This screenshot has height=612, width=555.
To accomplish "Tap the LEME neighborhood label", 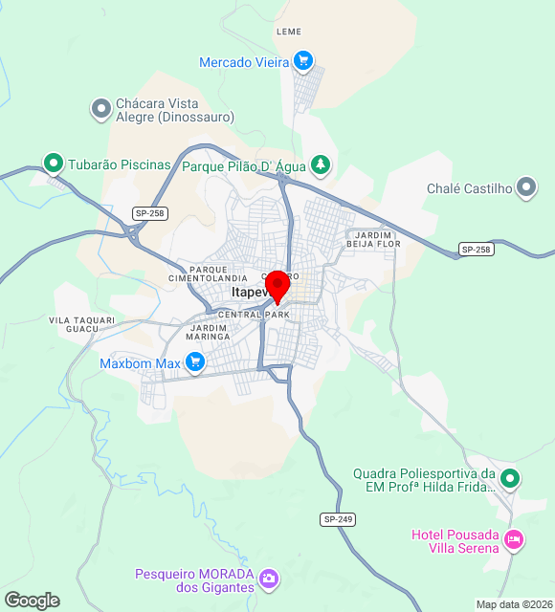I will click(x=288, y=32).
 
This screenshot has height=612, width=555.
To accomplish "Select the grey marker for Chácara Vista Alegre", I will click(x=101, y=110).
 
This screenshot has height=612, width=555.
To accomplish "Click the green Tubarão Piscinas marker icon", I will click(x=54, y=164).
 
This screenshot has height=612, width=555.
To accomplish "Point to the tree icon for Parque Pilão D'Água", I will click(x=321, y=165).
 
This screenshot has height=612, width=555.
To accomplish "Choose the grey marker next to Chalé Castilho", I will click(x=526, y=188).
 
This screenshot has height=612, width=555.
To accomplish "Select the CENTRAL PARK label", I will click(x=254, y=314).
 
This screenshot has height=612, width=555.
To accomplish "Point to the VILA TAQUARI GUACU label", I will click(x=82, y=325).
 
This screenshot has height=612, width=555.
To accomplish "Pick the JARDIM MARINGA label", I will click(x=210, y=332).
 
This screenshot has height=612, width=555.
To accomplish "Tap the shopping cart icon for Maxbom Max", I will click(x=195, y=363).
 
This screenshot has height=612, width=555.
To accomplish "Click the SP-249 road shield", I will click(x=338, y=518).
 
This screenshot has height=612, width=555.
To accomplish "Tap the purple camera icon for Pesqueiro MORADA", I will click(x=270, y=579).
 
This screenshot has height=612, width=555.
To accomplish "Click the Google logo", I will click(x=32, y=601).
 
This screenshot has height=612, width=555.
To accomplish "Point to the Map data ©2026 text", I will click(x=514, y=604).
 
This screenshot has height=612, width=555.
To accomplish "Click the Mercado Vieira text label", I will click(x=244, y=62).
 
